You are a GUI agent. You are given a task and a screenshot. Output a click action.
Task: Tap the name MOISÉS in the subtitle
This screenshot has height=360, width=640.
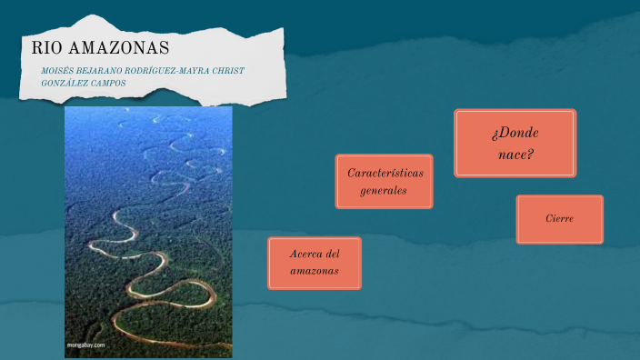pos(58,71)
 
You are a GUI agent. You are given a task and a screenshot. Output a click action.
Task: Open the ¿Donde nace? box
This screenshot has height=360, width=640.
pos(515,143)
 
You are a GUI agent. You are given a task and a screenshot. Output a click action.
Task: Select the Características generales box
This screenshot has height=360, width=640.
pos(384,181)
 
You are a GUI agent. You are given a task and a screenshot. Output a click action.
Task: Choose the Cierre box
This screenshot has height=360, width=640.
pos(559,219)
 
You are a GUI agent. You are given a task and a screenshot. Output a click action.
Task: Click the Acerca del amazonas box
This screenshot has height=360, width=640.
pos(315,263)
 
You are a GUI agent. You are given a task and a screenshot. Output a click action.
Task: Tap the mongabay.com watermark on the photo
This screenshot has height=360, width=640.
pos(87,345)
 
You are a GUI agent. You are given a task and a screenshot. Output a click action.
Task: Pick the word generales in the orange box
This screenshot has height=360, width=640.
pos(384,191)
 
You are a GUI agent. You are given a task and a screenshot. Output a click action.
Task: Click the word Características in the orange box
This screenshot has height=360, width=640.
pos(385,172)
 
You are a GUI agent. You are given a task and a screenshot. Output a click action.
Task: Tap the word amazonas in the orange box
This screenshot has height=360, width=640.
pos(315,272)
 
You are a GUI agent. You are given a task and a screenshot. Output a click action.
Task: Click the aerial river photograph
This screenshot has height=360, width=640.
pos(148,227)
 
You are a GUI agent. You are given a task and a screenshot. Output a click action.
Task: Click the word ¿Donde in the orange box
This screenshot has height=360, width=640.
pos(515,133)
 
